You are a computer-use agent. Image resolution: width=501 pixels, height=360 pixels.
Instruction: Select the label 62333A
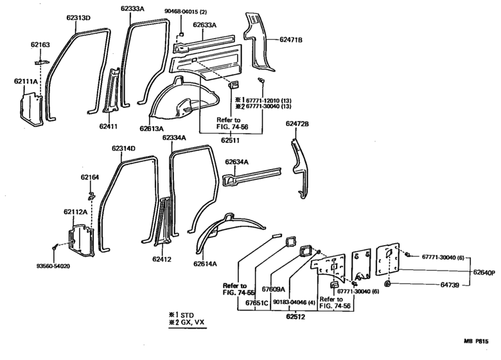click(x=134, y=8)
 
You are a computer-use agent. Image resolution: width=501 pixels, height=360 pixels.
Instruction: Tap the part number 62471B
click(x=291, y=40)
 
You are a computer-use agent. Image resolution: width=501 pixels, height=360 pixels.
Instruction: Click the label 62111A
click(x=26, y=82)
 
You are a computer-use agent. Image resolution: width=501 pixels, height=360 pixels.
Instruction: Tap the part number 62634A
click(x=237, y=163)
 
